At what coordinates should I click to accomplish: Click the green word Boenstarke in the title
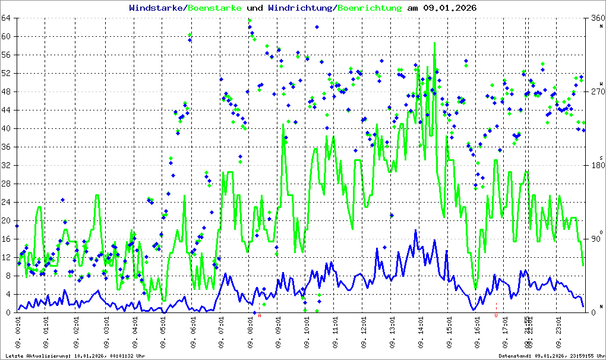(214, 8)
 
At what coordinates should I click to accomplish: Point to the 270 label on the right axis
(596, 91)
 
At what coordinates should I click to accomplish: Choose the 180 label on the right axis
(596, 165)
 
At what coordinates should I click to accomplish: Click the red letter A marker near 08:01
(260, 315)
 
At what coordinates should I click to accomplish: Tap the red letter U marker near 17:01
(496, 315)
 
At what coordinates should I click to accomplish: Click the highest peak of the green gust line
(434, 43)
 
